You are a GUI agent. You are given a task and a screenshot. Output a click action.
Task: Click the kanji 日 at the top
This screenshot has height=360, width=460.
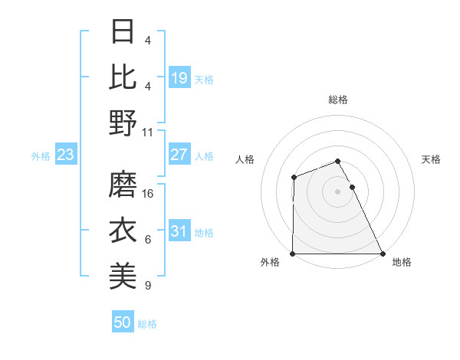point(123,31)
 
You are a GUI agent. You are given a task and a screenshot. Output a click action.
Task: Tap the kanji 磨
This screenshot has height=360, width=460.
point(123,185)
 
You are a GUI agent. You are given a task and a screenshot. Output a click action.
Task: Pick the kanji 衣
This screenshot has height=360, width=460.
point(123,231)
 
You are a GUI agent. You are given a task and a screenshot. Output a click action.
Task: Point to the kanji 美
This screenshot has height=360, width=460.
point(123,277)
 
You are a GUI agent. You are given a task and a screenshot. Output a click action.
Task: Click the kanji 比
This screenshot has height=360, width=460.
point(123,77)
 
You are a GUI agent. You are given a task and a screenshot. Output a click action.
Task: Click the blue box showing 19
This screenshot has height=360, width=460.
point(179,77)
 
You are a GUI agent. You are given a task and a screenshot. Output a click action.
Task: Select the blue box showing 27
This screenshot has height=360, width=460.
point(179,155)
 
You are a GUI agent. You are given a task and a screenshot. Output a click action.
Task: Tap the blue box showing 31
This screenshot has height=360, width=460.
point(179,231)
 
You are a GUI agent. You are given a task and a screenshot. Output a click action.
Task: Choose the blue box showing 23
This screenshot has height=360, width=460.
point(66,155)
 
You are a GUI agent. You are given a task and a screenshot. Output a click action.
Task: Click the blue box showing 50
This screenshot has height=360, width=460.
point(123,322)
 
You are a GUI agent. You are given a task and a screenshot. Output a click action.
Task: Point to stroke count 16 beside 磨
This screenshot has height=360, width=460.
point(149,194)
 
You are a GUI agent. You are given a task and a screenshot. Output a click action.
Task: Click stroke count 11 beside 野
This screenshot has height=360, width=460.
point(149,132)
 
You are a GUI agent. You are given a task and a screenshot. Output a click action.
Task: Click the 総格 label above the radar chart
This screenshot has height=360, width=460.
point(338,100)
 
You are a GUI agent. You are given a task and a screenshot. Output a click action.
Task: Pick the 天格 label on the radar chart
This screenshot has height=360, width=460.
point(432,159)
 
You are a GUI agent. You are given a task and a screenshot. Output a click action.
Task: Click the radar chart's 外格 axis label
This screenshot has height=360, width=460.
point(270,262)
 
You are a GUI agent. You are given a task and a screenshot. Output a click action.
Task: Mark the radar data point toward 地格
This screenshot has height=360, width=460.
point(382,254)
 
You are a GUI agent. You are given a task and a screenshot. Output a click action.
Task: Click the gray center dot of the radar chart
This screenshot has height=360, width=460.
point(338,191)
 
